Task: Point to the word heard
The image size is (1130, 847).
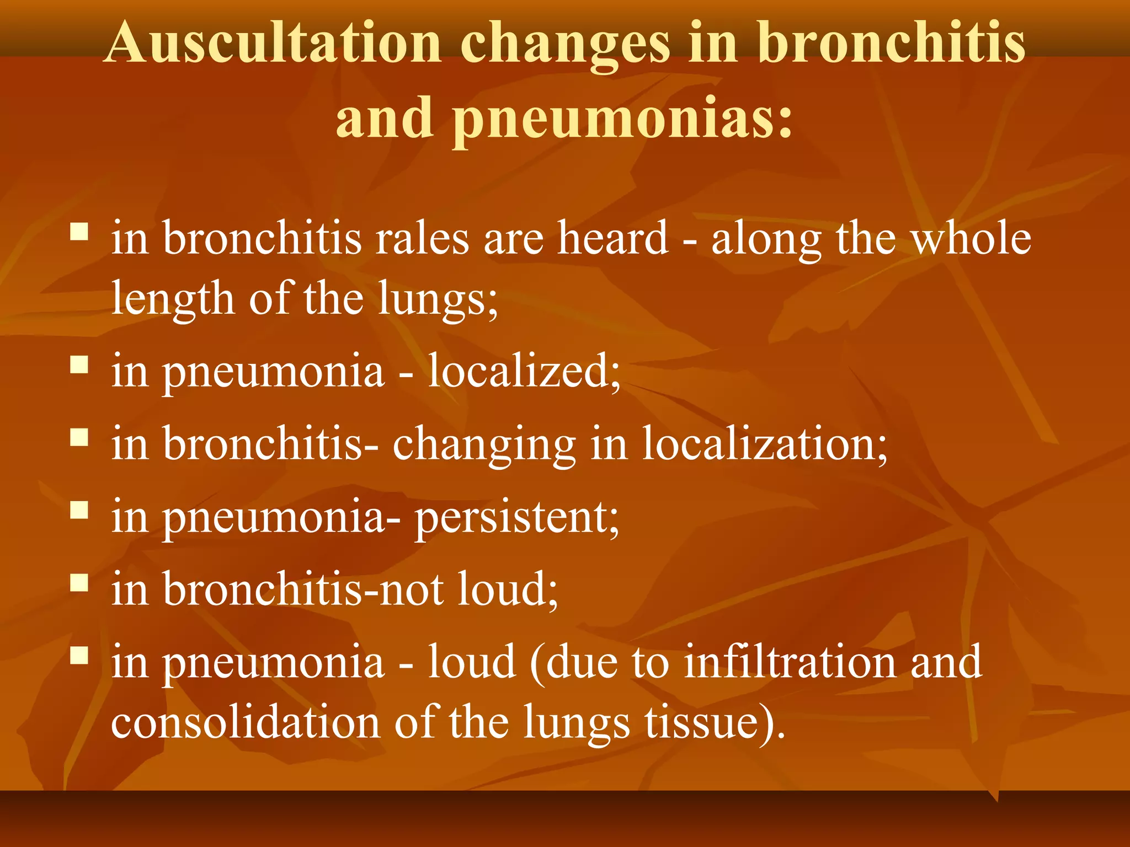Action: coord(612,238)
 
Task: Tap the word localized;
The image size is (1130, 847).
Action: coord(524,371)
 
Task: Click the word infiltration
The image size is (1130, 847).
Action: coord(790,662)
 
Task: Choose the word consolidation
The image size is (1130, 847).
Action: coord(245,722)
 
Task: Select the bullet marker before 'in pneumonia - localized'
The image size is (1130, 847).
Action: coord(79,364)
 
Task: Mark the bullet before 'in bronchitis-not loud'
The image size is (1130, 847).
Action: coord(79,582)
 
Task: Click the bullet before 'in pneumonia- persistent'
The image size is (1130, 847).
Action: coord(79,510)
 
